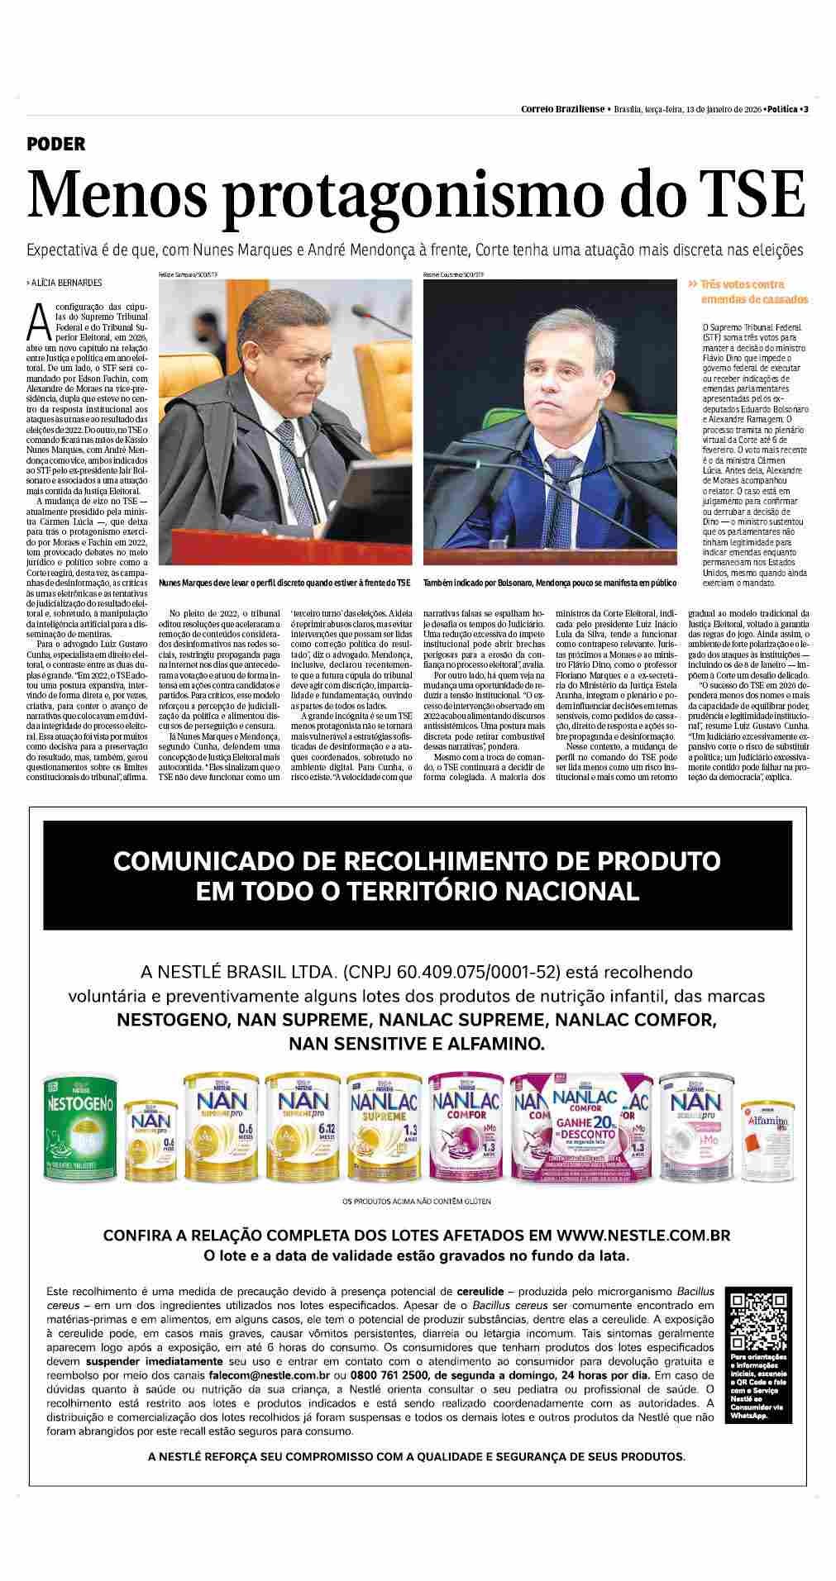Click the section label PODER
pos(56,144)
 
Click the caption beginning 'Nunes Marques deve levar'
pos(284,583)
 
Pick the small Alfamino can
pos(767,1144)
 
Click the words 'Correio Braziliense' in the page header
pos(562,110)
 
